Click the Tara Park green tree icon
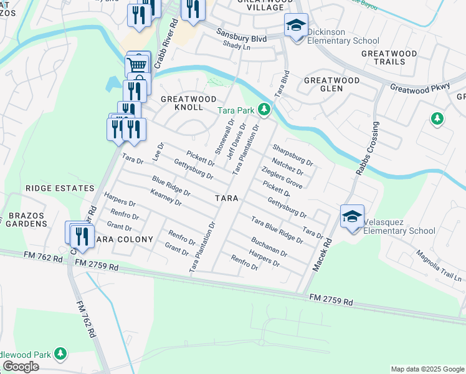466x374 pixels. click(x=265, y=110)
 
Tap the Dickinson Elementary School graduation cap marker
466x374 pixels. click(x=296, y=26)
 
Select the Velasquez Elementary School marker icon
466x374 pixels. click(x=352, y=216)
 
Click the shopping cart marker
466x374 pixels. click(x=138, y=64)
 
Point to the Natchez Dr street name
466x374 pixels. click(x=287, y=166)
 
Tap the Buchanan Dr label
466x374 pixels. click(x=269, y=247)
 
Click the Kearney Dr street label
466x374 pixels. click(x=166, y=198)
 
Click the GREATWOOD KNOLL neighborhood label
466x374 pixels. click(x=188, y=103)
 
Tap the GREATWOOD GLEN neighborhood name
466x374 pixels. click(x=332, y=84)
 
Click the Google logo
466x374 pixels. click(x=21, y=367)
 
